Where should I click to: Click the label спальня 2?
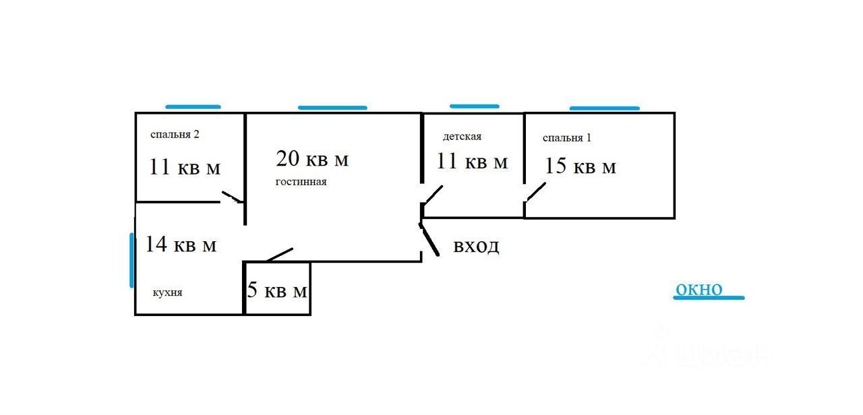(175, 134)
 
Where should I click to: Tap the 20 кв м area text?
(312, 159)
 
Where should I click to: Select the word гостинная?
(301, 182)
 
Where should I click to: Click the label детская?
(462, 137)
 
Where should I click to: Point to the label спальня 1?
(566, 138)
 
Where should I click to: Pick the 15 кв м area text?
(580, 166)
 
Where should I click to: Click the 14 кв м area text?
(181, 244)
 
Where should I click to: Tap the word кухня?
(167, 292)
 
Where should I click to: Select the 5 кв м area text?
(277, 291)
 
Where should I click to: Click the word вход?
(476, 246)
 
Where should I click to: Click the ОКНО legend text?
(698, 290)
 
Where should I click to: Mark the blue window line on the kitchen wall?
(131, 260)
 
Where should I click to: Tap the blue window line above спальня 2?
(193, 106)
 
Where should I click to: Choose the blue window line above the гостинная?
(332, 107)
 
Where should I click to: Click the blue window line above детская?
(474, 106)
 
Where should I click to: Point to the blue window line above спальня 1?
(604, 108)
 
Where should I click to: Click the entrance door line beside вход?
(429, 239)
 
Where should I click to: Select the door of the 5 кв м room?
(279, 255)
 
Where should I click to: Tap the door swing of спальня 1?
(536, 191)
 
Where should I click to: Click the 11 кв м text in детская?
(471, 162)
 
